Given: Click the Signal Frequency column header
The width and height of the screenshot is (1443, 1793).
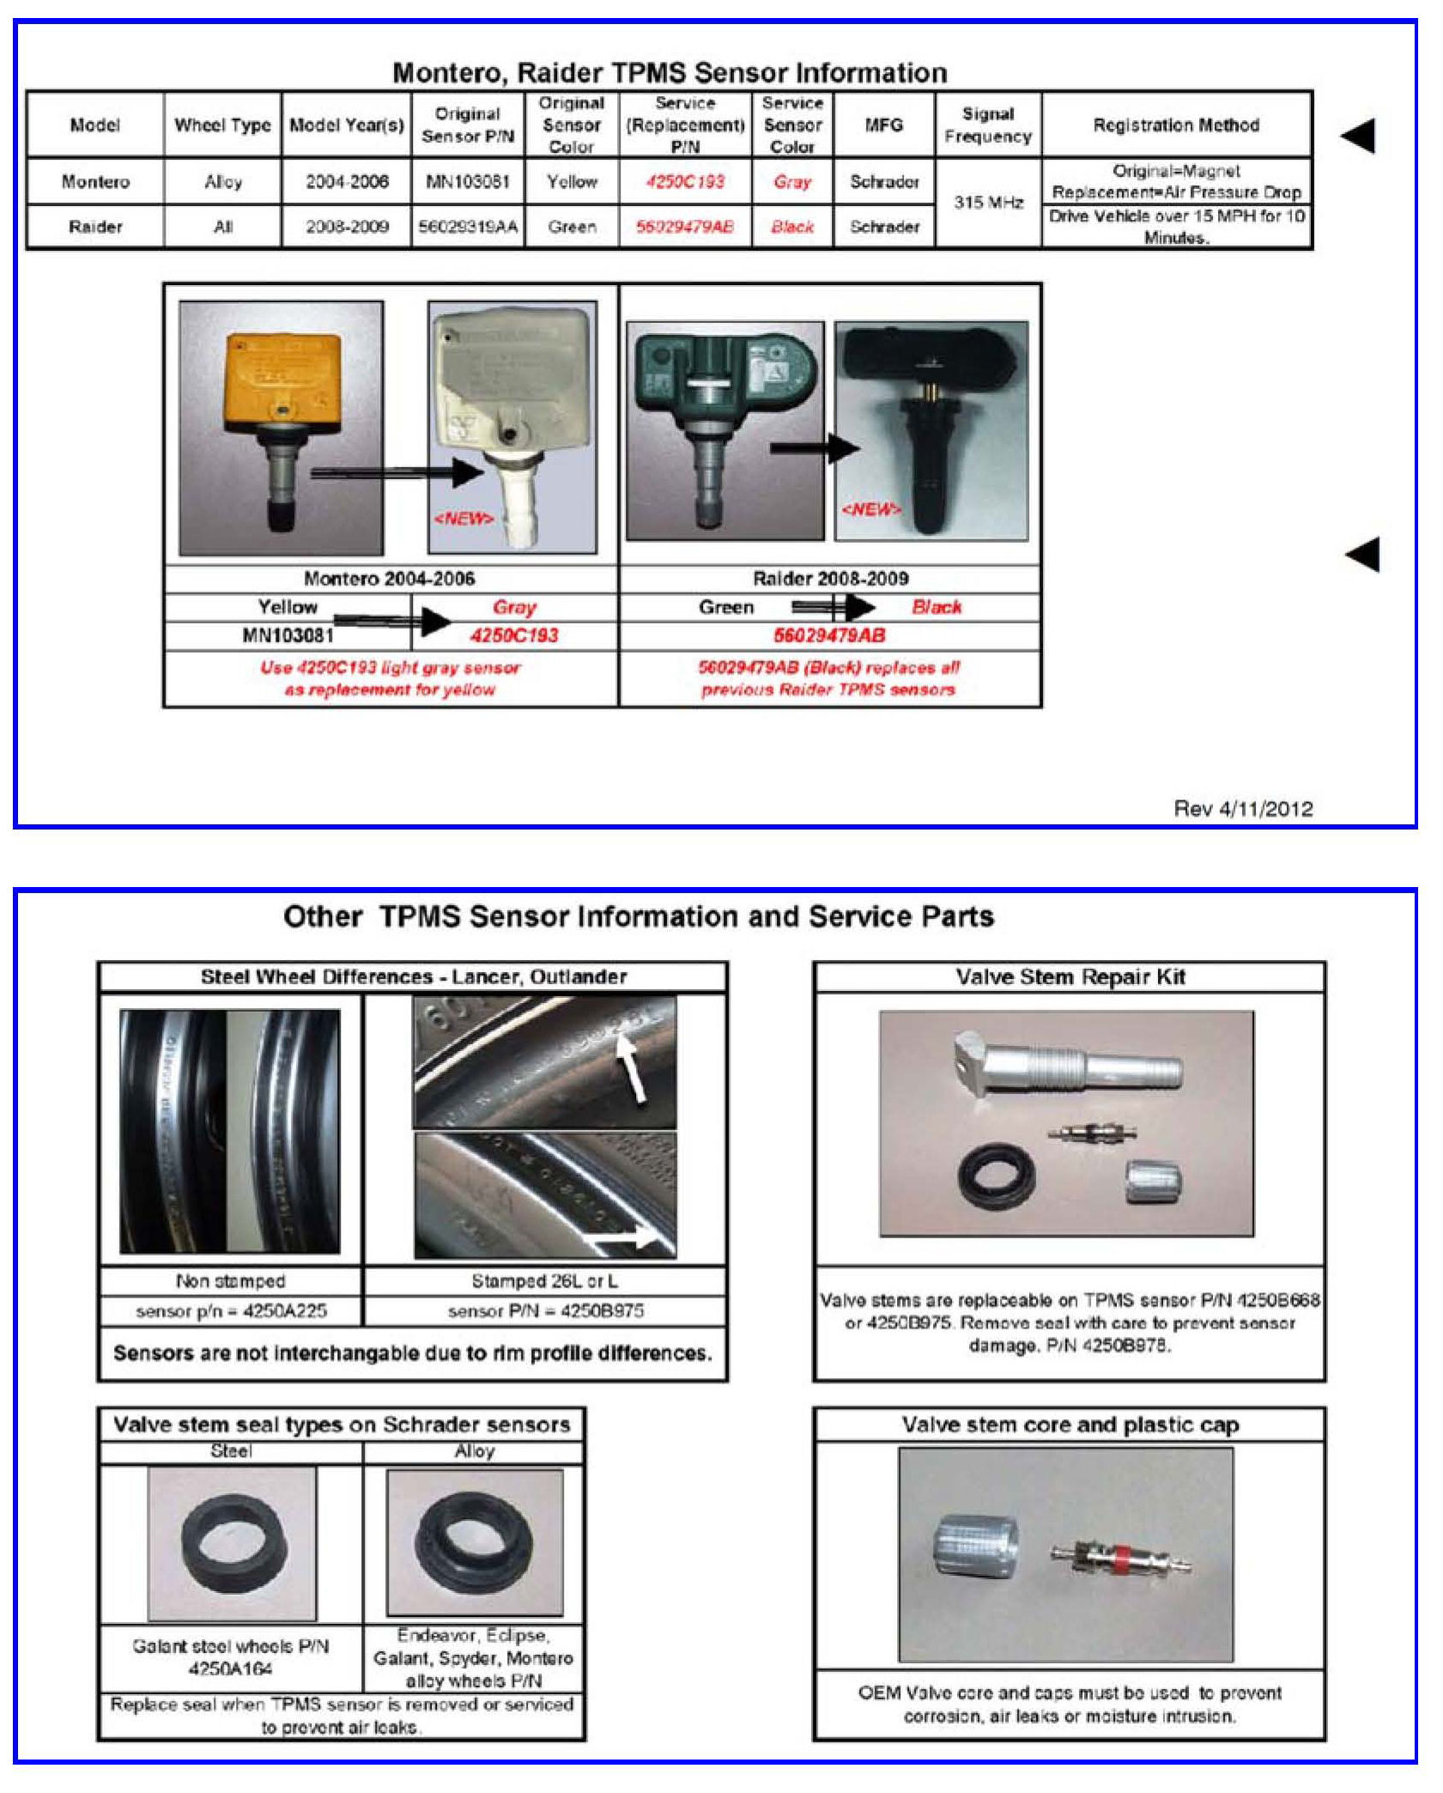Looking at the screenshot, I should point(987,125).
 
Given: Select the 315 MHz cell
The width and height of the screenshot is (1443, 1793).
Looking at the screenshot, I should point(988,203).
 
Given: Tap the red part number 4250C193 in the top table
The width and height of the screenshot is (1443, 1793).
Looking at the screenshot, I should point(684,181).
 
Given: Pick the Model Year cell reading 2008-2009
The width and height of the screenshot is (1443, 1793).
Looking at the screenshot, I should point(347,227).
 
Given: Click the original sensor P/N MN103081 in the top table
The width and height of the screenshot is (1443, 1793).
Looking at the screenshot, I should point(467,181).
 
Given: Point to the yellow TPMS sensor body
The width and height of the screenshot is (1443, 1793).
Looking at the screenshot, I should point(282,374).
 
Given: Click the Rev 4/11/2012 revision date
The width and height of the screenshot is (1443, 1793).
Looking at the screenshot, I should point(1242,808).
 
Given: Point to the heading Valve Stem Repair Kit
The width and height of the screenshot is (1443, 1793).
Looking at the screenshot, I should point(1070,976).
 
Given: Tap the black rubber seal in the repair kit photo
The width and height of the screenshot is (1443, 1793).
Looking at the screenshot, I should point(996,1175).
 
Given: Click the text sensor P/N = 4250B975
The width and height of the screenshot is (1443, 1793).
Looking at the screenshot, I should point(545,1311).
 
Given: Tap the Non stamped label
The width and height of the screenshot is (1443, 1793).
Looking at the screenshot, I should point(230,1281).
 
